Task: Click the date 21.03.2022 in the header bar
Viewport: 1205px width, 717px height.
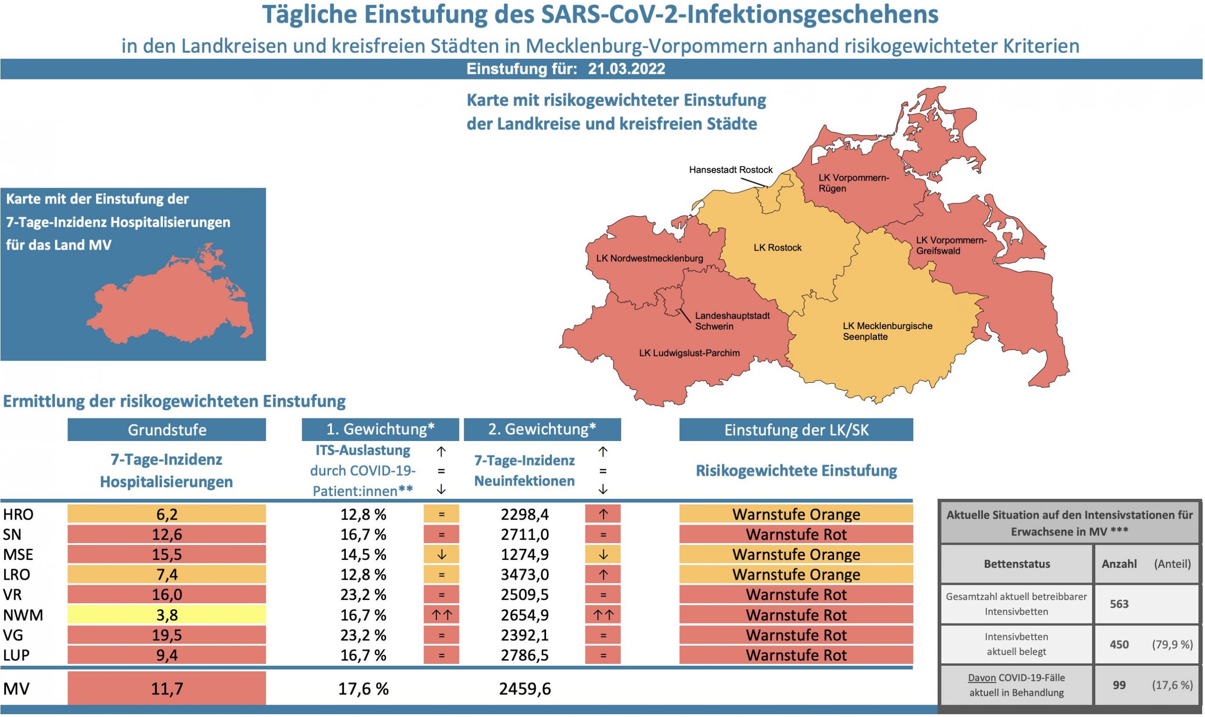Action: tap(626, 69)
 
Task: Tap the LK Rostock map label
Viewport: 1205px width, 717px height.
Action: tap(777, 248)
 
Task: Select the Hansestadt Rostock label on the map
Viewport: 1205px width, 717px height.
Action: tap(731, 170)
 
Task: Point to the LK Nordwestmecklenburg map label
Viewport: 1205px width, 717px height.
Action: tap(649, 259)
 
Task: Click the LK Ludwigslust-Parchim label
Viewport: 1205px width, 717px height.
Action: tap(689, 353)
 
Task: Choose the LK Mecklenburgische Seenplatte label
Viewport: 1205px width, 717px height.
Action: tap(887, 331)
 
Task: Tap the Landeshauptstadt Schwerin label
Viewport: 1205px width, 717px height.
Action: tap(732, 321)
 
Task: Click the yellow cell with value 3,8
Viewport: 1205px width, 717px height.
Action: tap(167, 615)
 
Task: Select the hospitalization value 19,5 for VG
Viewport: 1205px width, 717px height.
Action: tap(167, 635)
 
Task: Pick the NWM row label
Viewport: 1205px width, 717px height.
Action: tap(23, 615)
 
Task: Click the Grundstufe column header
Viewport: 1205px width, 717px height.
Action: tap(167, 430)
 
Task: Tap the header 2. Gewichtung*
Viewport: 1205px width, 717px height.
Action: tap(542, 429)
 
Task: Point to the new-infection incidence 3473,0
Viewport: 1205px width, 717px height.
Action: tap(525, 575)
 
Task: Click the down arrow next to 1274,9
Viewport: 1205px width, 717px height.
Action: tap(602, 555)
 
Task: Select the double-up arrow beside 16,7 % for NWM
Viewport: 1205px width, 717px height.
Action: tap(441, 615)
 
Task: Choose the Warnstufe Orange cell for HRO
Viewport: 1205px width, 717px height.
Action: tap(796, 514)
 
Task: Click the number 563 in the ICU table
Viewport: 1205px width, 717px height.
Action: tap(1119, 605)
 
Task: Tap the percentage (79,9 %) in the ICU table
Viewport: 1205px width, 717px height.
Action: tap(1172, 645)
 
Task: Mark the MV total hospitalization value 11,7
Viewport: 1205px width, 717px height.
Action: tap(167, 688)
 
